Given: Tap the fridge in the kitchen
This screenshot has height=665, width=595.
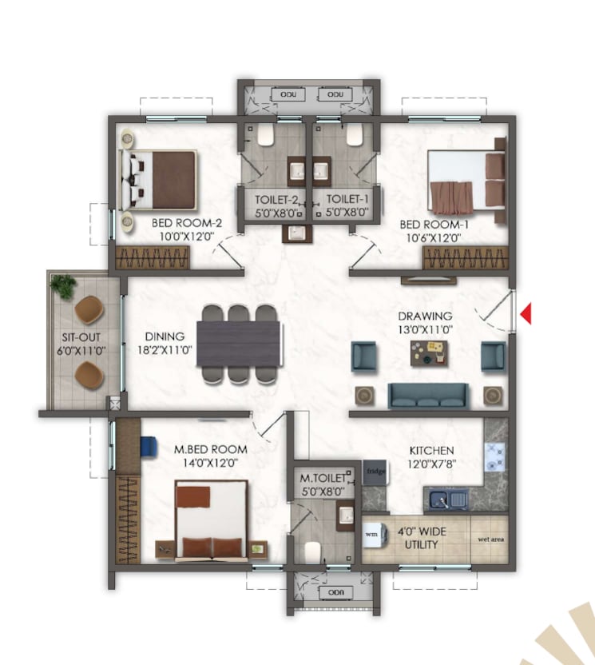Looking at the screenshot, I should pyautogui.click(x=375, y=472).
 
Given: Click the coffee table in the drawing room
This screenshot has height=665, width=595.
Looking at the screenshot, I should pyautogui.click(x=430, y=352).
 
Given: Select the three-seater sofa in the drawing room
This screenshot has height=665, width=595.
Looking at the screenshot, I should pyautogui.click(x=428, y=395).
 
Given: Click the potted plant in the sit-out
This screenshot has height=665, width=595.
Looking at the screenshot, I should pyautogui.click(x=61, y=283).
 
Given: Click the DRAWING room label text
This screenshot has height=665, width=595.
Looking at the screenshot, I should pyautogui.click(x=426, y=316).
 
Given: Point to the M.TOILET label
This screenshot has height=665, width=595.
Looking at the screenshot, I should pyautogui.click(x=322, y=479).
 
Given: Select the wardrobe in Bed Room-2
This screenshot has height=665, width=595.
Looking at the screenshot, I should pyautogui.click(x=153, y=257).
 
